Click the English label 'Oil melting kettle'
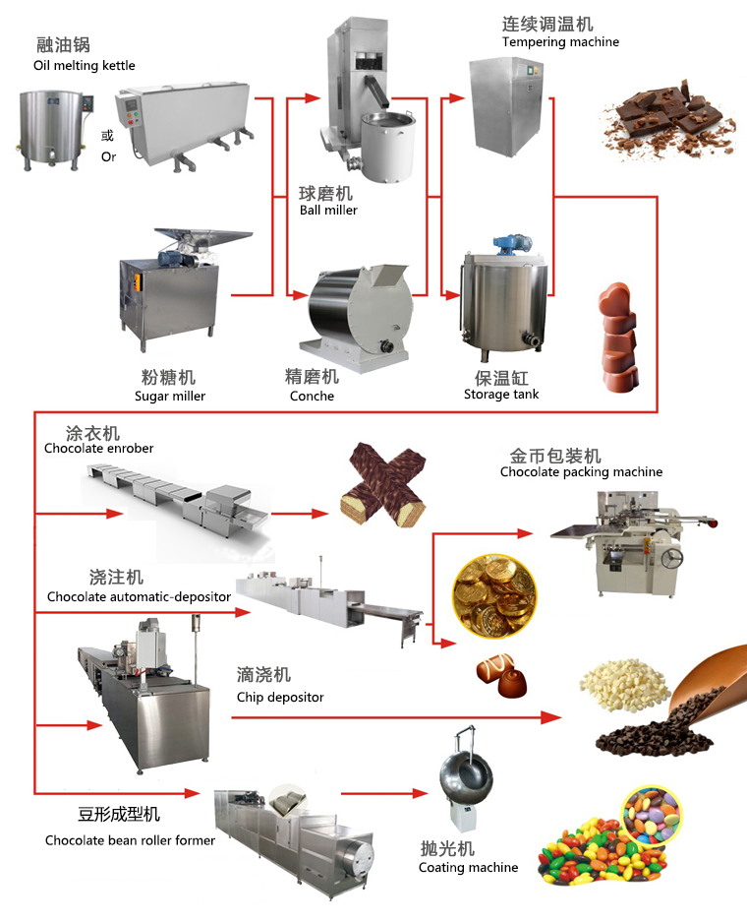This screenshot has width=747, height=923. [83, 66]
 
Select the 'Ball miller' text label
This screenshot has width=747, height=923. [328, 210]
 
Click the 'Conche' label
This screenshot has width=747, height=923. [312, 396]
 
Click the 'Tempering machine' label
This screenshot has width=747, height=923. [560, 42]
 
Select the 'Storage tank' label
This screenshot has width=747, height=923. [501, 394]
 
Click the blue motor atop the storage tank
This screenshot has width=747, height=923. [510, 242]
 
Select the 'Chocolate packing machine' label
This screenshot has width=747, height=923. [581, 472]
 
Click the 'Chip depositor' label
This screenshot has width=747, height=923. [280, 697]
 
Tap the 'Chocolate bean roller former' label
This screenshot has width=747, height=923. [130, 840]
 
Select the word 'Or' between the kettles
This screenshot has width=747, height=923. [108, 156]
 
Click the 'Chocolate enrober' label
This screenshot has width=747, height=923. [98, 449]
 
